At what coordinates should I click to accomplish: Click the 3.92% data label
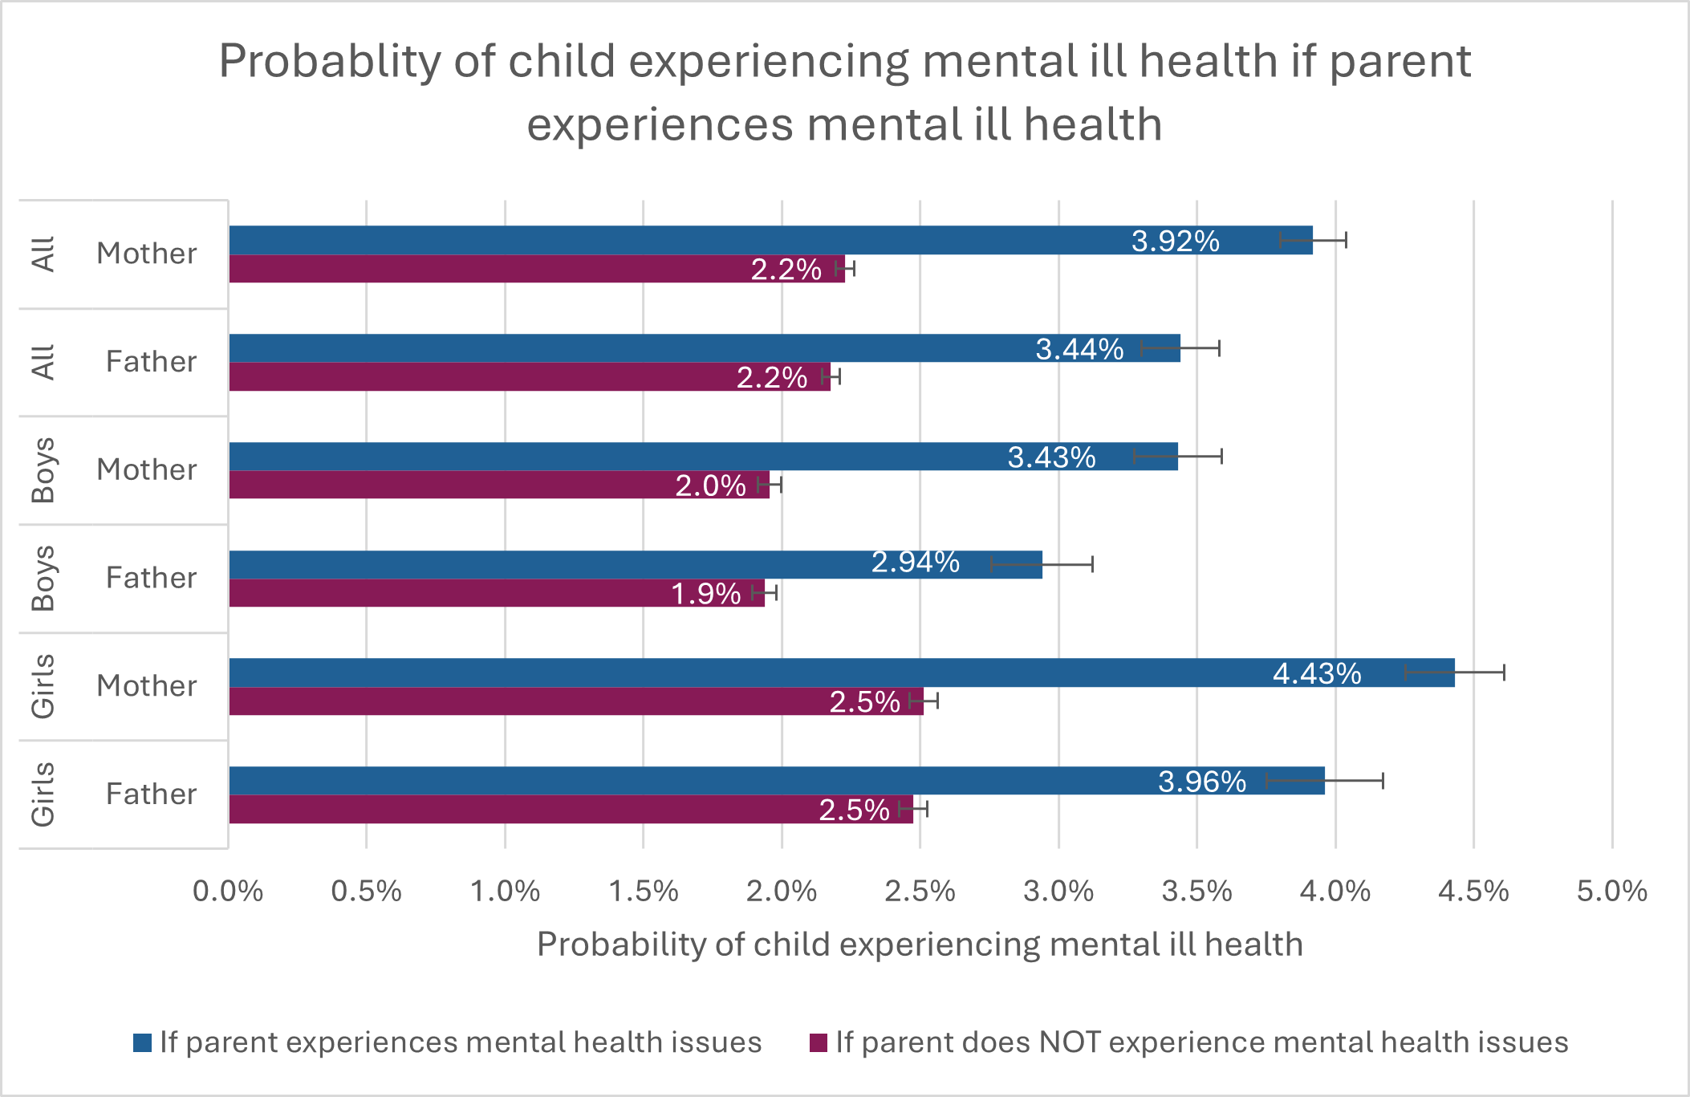[1175, 241]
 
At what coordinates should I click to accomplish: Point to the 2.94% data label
[915, 563]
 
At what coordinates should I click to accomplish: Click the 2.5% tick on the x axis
[920, 892]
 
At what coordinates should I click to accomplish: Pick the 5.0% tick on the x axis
[1611, 892]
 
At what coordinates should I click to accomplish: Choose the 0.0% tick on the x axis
[228, 892]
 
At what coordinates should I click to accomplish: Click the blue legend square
[143, 1042]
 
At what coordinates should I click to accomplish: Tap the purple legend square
[819, 1042]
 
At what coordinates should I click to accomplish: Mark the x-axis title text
[920, 945]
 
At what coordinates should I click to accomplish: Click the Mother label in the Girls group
[147, 686]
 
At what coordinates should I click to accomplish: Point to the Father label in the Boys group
[151, 578]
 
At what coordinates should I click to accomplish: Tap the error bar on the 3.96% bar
[1325, 781]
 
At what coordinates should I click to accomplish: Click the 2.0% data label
[710, 486]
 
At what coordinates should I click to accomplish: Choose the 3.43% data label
[1051, 457]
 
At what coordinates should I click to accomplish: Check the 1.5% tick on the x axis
[643, 892]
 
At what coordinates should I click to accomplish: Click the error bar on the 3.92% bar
[1313, 240]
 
